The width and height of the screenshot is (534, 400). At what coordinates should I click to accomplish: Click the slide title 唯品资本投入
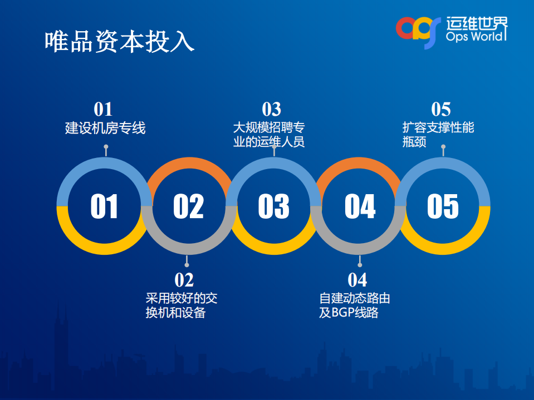[x=119, y=41]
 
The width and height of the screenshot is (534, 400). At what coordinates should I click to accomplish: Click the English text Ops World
[x=476, y=37]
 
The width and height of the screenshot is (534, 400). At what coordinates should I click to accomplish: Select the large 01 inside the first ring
[x=104, y=206]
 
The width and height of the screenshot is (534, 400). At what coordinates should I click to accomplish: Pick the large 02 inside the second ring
[x=188, y=206]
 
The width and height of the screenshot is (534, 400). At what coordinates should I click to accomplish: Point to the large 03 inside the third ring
[x=273, y=206]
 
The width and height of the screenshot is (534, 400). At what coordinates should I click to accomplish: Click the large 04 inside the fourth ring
[x=360, y=206]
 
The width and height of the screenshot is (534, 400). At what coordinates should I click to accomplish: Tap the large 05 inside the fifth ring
[x=443, y=206]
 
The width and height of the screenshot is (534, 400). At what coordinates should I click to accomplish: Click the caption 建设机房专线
[x=105, y=129]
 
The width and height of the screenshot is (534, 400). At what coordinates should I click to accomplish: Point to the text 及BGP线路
[x=349, y=313]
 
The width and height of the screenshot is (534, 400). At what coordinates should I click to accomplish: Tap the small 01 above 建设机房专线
[x=103, y=109]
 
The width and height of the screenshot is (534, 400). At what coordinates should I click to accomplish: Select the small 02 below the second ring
[x=184, y=280]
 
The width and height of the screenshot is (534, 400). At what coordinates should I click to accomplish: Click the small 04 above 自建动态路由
[x=357, y=280]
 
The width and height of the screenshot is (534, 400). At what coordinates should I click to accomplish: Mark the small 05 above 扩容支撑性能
[x=441, y=109]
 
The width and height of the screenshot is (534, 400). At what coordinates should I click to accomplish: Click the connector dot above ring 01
[x=106, y=147]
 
